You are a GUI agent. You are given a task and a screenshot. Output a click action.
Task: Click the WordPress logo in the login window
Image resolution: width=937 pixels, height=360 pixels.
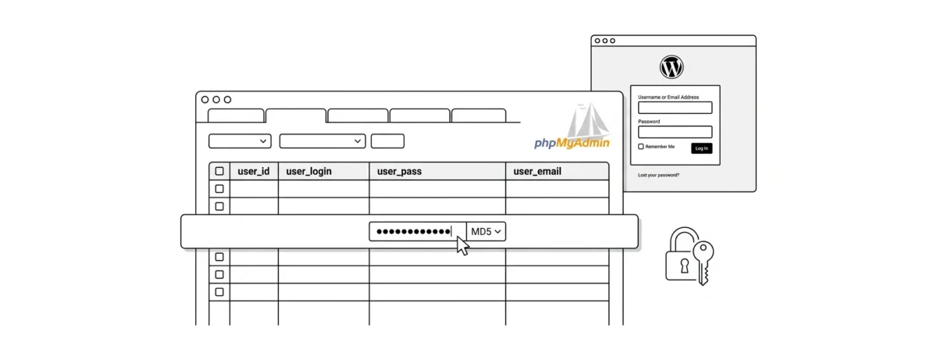pyautogui.click(x=672, y=68)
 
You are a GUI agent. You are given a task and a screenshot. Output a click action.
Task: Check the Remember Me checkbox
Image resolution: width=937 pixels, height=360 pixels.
pyautogui.click(x=641, y=147)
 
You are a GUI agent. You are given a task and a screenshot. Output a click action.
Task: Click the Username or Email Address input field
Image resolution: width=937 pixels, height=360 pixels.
pyautogui.click(x=675, y=108)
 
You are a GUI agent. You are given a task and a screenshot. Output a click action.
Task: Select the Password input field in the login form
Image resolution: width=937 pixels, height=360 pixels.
pyautogui.click(x=675, y=132)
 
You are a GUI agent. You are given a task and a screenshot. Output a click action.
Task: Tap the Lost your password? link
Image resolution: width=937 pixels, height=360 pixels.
pyautogui.click(x=658, y=175)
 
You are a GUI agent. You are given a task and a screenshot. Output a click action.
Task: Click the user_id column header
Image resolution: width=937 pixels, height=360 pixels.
pyautogui.click(x=254, y=171)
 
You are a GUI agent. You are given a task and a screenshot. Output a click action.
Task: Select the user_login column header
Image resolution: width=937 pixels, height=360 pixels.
pyautogui.click(x=309, y=171)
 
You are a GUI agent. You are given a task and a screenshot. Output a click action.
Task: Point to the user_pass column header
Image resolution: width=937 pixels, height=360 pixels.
pyautogui.click(x=399, y=171)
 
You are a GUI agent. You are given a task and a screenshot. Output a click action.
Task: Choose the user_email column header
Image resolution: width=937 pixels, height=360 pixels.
pyautogui.click(x=537, y=171)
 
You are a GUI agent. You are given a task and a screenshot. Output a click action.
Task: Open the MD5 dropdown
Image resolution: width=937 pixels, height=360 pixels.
pyautogui.click(x=486, y=232)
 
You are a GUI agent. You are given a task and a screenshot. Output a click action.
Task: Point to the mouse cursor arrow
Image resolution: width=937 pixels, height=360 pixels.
pyautogui.click(x=462, y=245)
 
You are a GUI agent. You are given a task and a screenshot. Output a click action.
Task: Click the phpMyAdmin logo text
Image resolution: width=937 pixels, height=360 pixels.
pyautogui.click(x=572, y=143)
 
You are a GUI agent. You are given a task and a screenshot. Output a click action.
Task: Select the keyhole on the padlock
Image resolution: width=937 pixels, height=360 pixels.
pyautogui.click(x=684, y=265)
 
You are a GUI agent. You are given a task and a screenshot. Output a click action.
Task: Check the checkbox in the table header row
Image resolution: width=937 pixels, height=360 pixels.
pyautogui.click(x=219, y=171)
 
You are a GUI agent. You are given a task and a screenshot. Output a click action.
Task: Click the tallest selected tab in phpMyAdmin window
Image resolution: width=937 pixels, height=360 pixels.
pyautogui.click(x=295, y=116)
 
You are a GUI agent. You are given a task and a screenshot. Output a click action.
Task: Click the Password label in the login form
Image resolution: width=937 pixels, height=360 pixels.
pyautogui.click(x=649, y=121)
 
